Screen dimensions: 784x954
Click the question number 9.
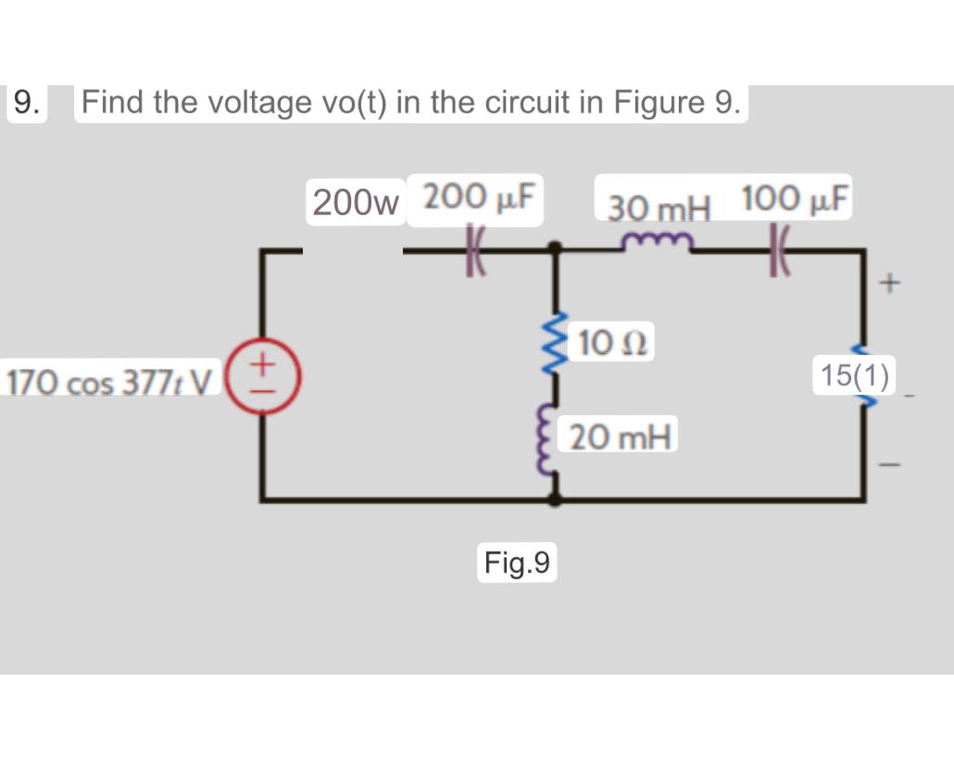tap(27, 102)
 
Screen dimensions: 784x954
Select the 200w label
tap(356, 201)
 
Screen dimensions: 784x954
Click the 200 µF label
tap(482, 196)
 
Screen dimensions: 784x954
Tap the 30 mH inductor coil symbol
tap(658, 243)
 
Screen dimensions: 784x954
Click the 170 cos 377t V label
tap(110, 380)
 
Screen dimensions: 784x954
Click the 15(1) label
tap(854, 375)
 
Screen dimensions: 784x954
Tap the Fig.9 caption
tap(517, 563)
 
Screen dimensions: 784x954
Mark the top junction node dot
tap(555, 248)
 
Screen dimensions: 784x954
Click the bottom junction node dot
tap(555, 499)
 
